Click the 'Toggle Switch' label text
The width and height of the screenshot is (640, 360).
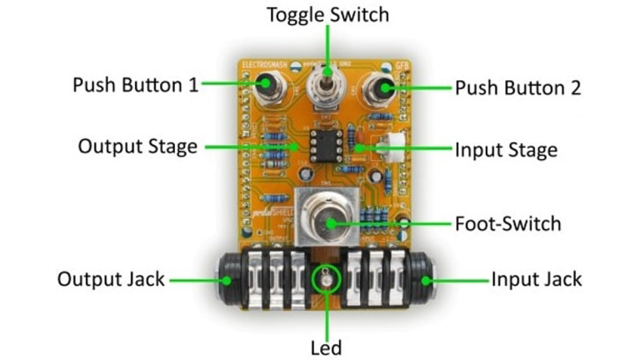[327, 14]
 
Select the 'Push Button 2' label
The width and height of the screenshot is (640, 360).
[517, 86]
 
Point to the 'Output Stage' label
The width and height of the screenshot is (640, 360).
[137, 147]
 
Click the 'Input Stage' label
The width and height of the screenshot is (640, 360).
[506, 150]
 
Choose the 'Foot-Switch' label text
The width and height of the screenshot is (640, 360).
[507, 223]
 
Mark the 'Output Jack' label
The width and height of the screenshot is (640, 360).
[112, 278]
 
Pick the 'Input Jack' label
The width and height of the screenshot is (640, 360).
[537, 278]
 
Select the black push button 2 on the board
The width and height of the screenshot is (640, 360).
[384, 87]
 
